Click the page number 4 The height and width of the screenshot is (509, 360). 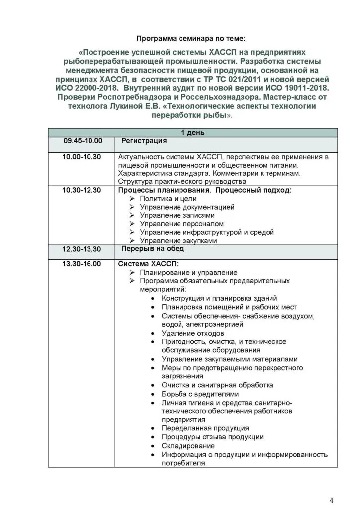(x=332, y=499)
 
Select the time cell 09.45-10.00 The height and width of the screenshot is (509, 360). (x=82, y=141)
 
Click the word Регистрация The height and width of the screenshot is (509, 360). (x=144, y=141)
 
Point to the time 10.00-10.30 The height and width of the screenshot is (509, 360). (x=82, y=157)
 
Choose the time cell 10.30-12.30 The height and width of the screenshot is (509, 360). (x=82, y=190)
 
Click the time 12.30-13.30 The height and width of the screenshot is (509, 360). (x=82, y=249)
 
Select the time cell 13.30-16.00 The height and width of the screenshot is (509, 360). (x=82, y=263)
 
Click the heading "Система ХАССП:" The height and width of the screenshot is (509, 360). (x=148, y=263)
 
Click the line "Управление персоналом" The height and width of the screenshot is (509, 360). (x=182, y=224)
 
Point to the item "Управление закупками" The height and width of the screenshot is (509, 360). (x=179, y=241)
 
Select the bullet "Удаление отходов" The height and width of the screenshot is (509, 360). (x=192, y=333)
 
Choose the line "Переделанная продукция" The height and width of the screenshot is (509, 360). (x=205, y=428)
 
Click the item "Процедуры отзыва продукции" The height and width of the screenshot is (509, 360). (x=212, y=437)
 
